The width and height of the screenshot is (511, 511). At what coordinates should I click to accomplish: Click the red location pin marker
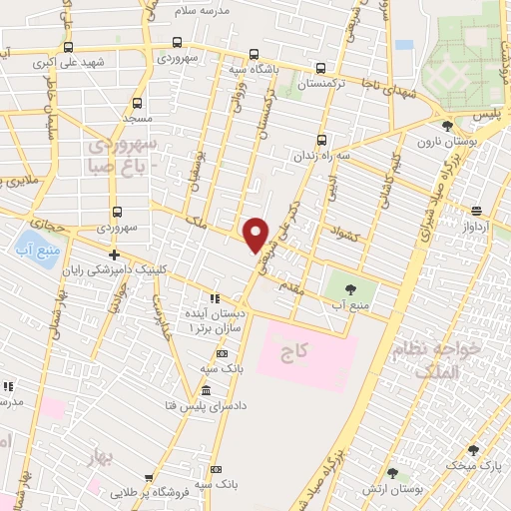coord(256,235)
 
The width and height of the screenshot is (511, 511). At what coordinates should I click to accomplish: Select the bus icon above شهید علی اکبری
coord(67,46)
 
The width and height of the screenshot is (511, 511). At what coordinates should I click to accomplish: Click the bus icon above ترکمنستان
coord(320,69)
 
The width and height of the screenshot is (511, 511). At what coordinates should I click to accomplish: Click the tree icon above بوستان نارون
coord(446,126)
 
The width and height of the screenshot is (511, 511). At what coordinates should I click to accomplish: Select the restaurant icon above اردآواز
coord(476,211)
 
